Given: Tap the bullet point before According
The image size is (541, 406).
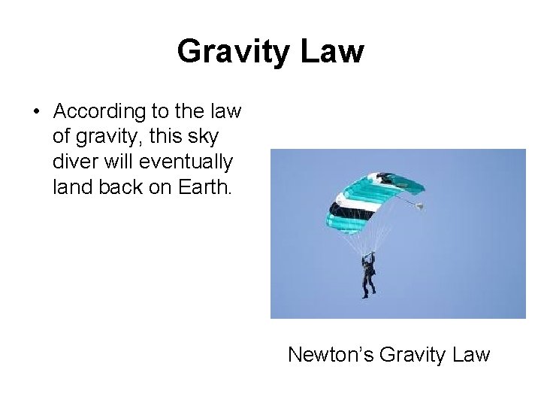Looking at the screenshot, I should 36,112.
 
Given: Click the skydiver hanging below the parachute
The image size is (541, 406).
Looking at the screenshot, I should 369,274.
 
